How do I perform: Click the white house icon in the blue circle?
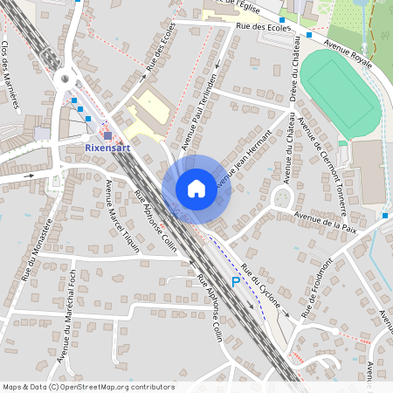(x=196, y=188)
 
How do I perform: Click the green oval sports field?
(x=341, y=89)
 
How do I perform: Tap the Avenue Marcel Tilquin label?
(x=116, y=214)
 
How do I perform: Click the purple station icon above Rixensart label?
(x=107, y=135)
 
